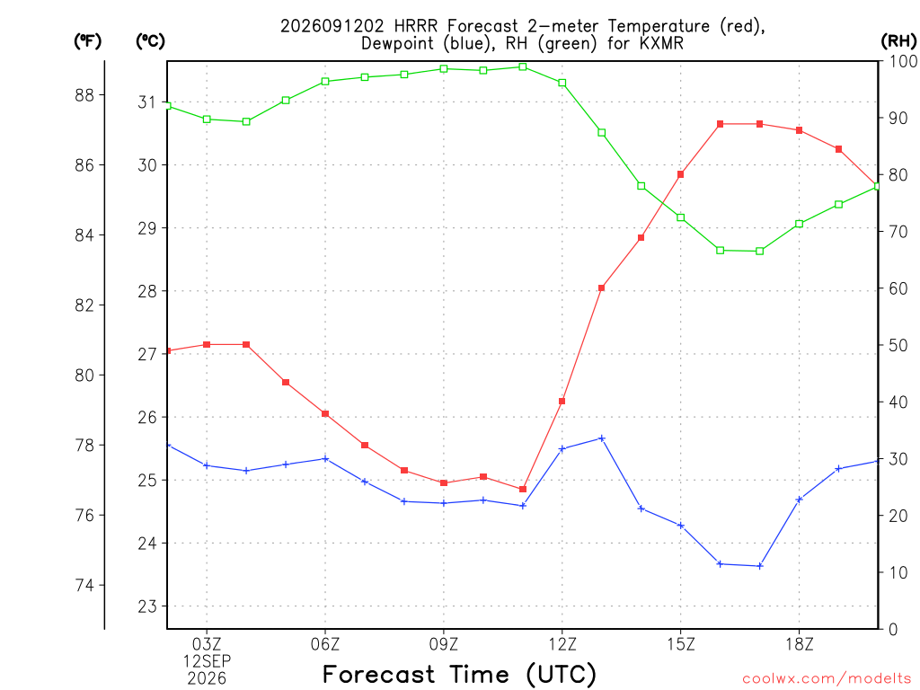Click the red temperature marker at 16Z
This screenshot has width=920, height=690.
tap(720, 124)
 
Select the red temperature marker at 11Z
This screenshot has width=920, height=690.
tap(523, 490)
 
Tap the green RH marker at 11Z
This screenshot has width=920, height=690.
tap(523, 66)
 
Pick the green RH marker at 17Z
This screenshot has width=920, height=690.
tap(760, 252)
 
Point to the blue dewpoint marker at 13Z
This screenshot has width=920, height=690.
tap(601, 438)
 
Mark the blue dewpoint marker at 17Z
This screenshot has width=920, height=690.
tap(760, 566)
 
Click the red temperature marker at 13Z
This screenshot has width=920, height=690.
tap(601, 288)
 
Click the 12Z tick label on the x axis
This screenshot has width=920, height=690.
tap(562, 645)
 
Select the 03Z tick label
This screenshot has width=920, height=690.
tap(207, 645)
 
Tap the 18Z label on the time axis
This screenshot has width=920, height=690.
tap(799, 645)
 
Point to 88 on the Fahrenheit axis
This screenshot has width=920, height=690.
tap(84, 95)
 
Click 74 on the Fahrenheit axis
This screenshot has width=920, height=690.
tap(84, 586)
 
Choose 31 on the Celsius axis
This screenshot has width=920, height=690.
tap(147, 102)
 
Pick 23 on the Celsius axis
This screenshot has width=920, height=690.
tap(147, 606)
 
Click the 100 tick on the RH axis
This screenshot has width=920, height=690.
tap(904, 61)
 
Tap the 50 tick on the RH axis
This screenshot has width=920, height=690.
tap(898, 346)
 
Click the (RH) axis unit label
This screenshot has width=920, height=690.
tap(898, 41)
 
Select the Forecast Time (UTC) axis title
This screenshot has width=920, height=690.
tap(459, 675)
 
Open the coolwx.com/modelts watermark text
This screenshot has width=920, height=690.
tap(827, 678)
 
